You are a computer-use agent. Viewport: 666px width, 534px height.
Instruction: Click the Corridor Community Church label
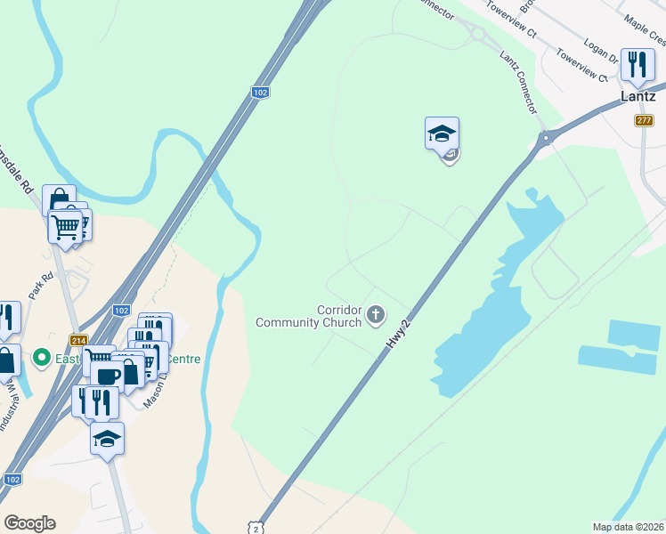(308, 316)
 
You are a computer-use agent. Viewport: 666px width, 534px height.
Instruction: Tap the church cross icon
(376, 314)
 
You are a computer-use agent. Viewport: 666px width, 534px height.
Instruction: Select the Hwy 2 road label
(400, 335)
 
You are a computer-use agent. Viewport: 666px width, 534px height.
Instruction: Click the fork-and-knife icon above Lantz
(637, 66)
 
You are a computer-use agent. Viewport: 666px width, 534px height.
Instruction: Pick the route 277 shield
(646, 119)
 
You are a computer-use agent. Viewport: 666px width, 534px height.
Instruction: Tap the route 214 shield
(79, 340)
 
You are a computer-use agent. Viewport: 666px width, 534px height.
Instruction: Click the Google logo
(29, 523)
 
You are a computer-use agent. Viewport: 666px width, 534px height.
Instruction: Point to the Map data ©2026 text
(628, 527)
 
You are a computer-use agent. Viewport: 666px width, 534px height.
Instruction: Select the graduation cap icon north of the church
(442, 135)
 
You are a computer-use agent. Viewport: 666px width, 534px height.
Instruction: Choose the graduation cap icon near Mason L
(108, 440)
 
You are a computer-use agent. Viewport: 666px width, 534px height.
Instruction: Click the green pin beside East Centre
(40, 358)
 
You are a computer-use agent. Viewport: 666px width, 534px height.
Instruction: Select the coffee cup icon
(107, 375)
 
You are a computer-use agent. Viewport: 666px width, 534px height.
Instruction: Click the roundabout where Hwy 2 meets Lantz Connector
(545, 137)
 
